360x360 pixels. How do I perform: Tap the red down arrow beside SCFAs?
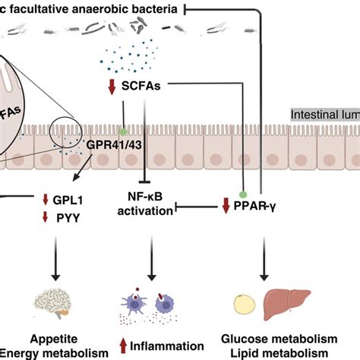[x=112, y=87]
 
